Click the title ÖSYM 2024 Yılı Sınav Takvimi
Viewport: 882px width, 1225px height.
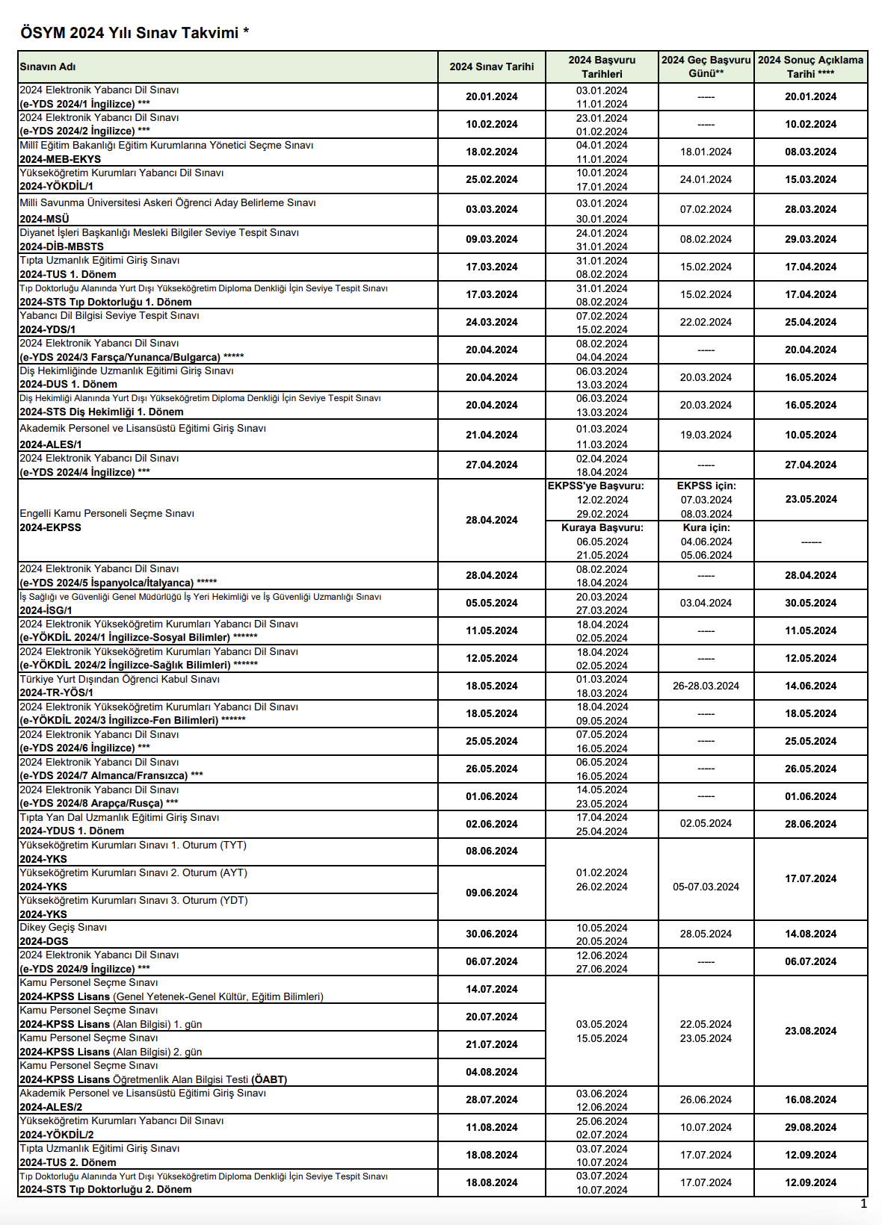click(135, 33)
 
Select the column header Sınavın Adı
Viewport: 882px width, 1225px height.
click(48, 66)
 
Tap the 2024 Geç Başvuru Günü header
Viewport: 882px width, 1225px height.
click(706, 66)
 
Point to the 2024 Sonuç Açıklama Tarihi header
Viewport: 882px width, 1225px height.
click(810, 66)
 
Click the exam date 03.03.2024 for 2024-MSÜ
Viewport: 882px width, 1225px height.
click(491, 209)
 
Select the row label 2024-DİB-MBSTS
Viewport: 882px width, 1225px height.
click(62, 246)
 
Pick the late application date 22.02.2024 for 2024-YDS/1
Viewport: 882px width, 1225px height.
click(706, 322)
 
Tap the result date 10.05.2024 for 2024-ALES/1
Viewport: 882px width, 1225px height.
click(810, 435)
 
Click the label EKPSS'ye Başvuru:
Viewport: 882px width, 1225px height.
click(596, 486)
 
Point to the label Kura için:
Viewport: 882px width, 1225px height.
click(706, 527)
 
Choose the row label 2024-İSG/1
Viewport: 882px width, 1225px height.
click(46, 610)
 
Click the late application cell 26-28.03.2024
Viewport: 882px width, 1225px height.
click(706, 686)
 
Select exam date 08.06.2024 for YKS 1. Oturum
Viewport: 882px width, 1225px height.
click(491, 851)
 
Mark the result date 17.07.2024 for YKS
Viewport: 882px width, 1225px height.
click(810, 878)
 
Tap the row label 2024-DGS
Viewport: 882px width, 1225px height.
click(44, 941)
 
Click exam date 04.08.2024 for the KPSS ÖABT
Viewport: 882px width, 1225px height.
click(491, 1072)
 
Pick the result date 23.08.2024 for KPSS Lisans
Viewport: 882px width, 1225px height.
click(810, 1031)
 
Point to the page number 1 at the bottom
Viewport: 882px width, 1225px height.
click(863, 1203)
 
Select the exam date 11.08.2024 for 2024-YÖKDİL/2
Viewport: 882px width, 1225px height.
click(491, 1127)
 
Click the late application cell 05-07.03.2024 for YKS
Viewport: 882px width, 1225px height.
click(706, 887)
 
